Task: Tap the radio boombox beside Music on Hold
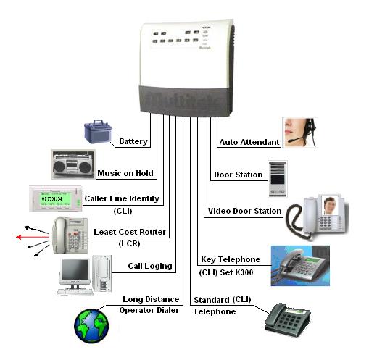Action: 72,165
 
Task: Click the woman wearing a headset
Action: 299,132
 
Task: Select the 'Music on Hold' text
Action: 125,174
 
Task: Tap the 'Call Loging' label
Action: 151,266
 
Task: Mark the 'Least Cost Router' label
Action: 130,232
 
